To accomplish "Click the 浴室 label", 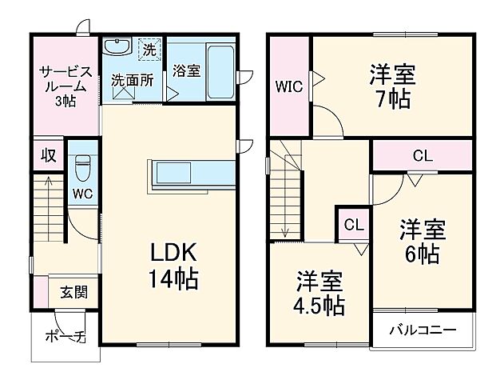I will click(186, 70).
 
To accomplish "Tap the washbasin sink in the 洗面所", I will click(118, 48).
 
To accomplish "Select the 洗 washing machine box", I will click(148, 50).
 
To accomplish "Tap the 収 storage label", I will click(48, 155).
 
